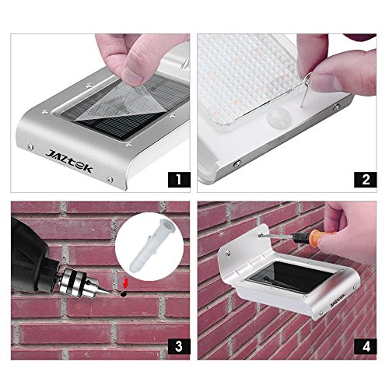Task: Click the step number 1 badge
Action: click(x=179, y=180)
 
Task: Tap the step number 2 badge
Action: click(x=366, y=180)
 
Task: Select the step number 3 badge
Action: click(x=179, y=346)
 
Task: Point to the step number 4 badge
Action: click(x=366, y=346)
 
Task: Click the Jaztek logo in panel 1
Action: click(x=69, y=161)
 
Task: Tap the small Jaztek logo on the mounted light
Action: click(x=338, y=302)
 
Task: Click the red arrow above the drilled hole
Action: click(x=125, y=283)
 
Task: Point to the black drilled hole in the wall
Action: click(x=124, y=293)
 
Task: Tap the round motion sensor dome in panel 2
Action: click(x=279, y=118)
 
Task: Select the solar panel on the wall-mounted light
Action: click(x=289, y=278)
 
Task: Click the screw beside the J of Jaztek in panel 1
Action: click(x=30, y=147)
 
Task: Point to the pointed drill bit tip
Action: click(x=109, y=293)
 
